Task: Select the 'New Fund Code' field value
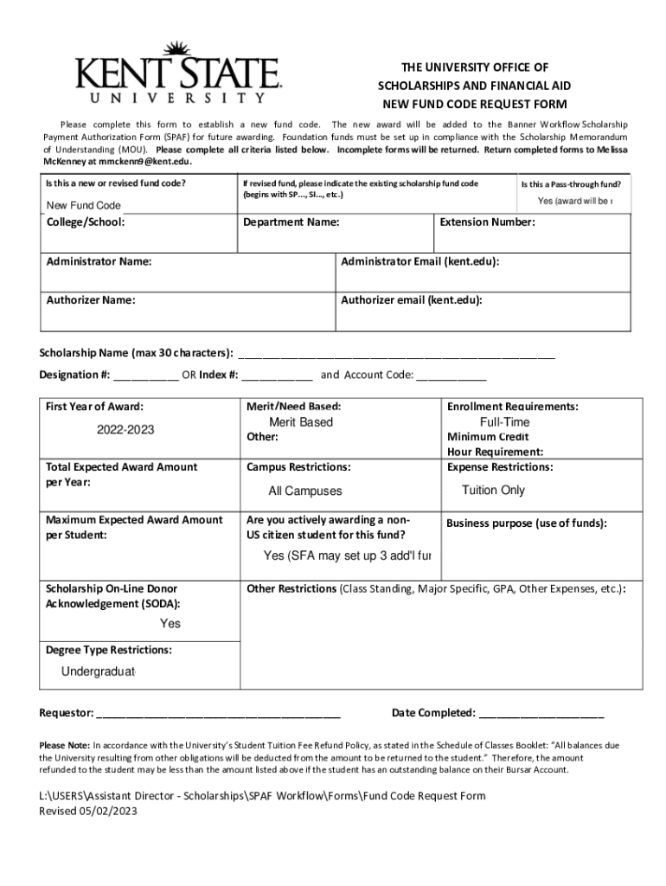click(83, 205)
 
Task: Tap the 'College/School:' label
click(86, 222)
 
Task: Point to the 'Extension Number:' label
click(488, 222)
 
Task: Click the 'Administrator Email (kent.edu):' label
click(419, 261)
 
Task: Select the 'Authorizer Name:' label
click(91, 300)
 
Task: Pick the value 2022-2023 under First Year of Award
click(125, 429)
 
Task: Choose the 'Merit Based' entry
click(300, 422)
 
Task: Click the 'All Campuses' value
click(305, 491)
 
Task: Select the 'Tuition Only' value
click(493, 490)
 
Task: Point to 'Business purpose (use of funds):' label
click(527, 523)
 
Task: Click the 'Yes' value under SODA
click(170, 623)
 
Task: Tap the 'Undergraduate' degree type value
click(99, 672)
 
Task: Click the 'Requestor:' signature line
click(219, 714)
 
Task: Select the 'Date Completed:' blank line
click(541, 714)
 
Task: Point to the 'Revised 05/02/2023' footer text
click(88, 812)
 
